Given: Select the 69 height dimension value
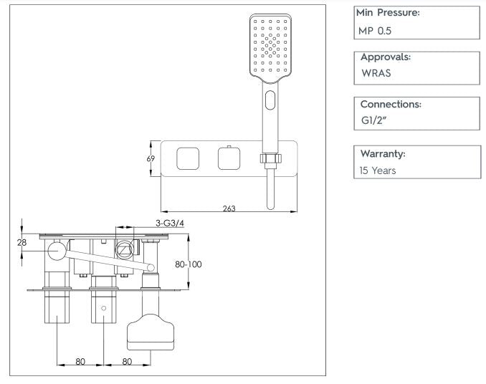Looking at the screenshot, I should click(x=151, y=159).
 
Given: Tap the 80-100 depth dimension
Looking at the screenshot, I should click(x=189, y=264).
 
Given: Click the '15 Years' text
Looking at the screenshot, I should click(x=377, y=171).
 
